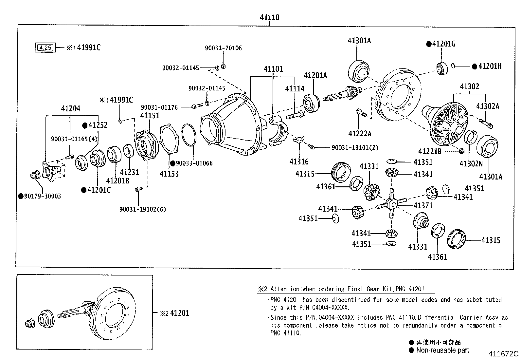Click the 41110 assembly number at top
(270, 17)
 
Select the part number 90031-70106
(223, 48)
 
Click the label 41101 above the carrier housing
(273, 69)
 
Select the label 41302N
(471, 164)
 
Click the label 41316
(299, 161)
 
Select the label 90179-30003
(42, 196)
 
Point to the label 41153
(169, 174)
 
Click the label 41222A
(360, 134)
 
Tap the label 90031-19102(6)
(142, 209)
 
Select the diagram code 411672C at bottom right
(503, 354)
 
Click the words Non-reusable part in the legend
(442, 350)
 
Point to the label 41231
(129, 172)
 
